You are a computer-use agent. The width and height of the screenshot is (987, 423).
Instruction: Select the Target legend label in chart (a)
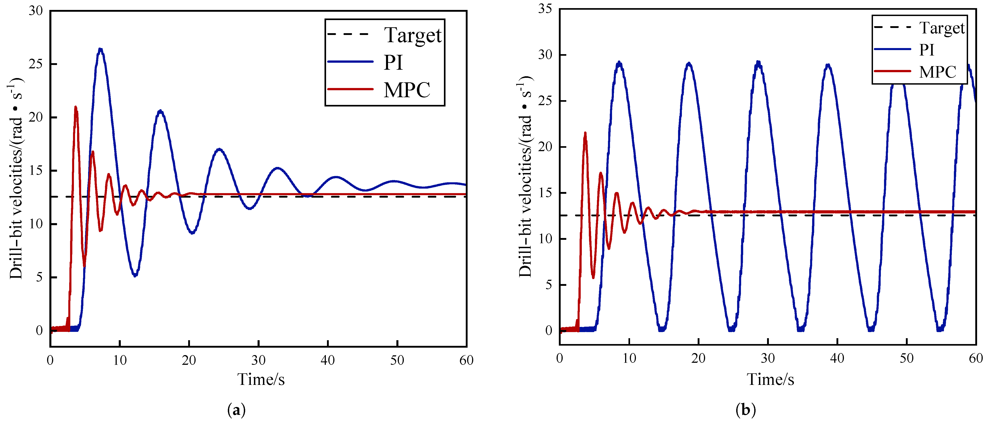coord(413,35)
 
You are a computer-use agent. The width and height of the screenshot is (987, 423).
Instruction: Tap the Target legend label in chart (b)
coord(941,28)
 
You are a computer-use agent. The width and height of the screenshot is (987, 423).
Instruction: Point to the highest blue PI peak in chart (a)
coord(100,49)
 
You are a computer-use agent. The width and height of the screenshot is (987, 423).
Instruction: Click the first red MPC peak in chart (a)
coord(75,107)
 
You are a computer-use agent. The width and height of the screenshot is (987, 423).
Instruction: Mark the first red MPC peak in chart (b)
coord(585,134)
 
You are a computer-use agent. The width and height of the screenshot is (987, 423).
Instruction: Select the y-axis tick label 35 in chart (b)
coord(545,8)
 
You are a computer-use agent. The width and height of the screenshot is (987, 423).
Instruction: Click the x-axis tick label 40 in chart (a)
coord(328,360)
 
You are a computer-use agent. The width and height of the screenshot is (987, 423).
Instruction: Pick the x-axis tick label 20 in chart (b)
coord(698,358)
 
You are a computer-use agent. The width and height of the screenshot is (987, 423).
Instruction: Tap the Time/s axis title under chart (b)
coord(770,379)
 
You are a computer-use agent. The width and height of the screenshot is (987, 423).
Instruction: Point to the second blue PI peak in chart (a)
coord(160,111)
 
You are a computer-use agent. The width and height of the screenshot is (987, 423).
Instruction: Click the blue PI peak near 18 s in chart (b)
coord(689,63)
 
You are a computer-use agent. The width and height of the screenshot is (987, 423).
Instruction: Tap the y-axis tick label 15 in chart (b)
coord(545,193)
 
